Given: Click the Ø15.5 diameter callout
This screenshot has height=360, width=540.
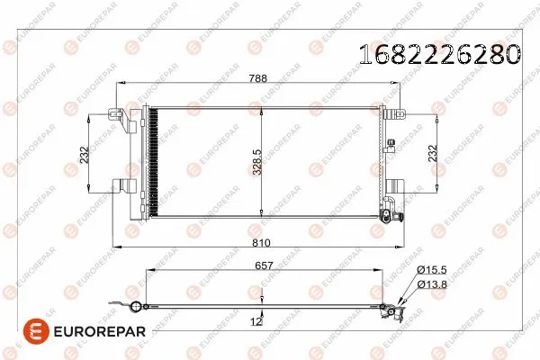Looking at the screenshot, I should point(430,270).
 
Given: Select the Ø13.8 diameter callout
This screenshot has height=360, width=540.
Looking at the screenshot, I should point(430,284).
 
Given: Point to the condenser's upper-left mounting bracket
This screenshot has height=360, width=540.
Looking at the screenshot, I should point(115,114).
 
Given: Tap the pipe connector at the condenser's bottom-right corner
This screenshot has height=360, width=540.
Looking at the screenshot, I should point(388,216).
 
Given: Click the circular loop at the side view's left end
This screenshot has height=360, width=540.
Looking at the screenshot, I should point(136,309).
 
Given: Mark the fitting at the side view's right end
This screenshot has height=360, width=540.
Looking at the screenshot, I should point(392,310).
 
